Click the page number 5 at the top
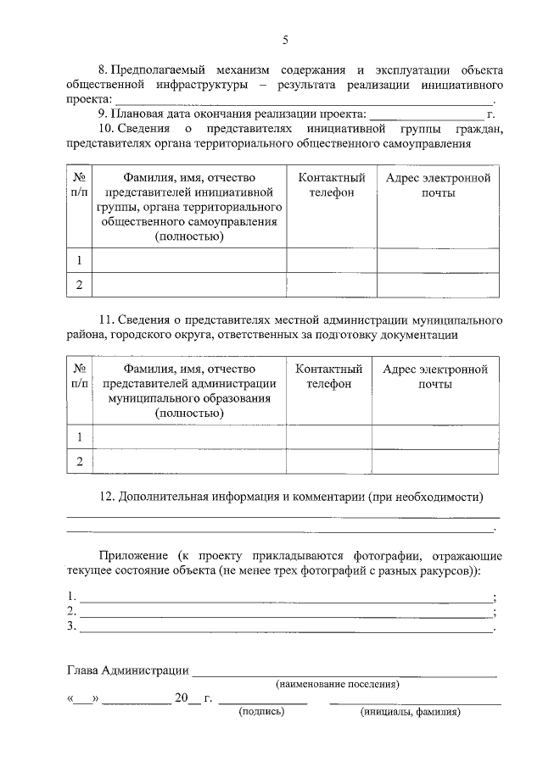pyautogui.click(x=285, y=40)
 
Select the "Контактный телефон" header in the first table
pyautogui.click(x=332, y=186)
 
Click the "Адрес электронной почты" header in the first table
pyautogui.click(x=438, y=186)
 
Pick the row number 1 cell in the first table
pyautogui.click(x=79, y=260)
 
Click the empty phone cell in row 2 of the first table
pyautogui.click(x=332, y=285)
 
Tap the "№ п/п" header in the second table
pyautogui.click(x=79, y=377)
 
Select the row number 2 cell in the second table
pyautogui.click(x=79, y=461)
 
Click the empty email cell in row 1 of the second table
pyautogui.click(x=435, y=436)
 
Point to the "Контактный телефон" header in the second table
pyautogui.click(x=329, y=377)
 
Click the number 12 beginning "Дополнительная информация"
pyautogui.click(x=107, y=496)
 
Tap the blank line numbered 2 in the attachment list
pyautogui.click(x=285, y=611)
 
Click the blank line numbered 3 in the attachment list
pyautogui.click(x=285, y=627)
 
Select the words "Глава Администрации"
pyautogui.click(x=127, y=670)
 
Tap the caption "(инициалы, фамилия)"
pyautogui.click(x=410, y=712)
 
